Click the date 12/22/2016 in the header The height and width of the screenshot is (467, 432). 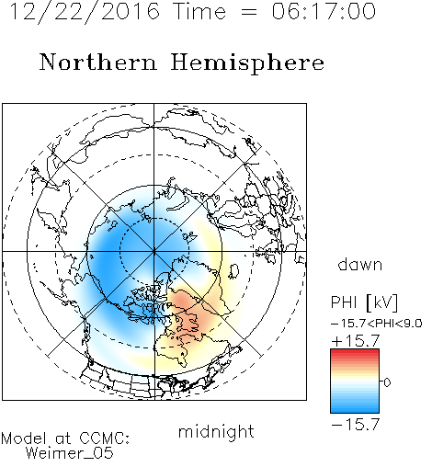click(85, 12)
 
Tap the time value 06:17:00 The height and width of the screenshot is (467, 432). click(324, 11)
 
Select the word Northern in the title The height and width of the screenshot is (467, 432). click(98, 63)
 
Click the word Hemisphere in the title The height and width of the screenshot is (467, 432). click(247, 63)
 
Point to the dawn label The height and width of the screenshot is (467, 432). click(360, 265)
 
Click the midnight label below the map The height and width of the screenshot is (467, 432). click(216, 431)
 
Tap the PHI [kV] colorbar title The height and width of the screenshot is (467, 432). click(364, 302)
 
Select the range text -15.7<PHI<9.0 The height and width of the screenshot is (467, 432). click(377, 324)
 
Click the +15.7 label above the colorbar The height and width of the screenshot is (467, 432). click(356, 341)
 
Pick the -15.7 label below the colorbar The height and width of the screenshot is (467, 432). click(356, 425)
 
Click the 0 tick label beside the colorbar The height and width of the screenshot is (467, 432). click(387, 382)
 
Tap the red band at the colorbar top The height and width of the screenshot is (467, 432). click(355, 353)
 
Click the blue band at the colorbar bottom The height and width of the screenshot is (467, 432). click(355, 408)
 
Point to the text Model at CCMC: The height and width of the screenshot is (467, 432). click(65, 439)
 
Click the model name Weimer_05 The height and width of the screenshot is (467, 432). click(70, 453)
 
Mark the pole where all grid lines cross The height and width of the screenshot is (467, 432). click(154, 251)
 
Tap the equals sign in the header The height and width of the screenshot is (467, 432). click(249, 12)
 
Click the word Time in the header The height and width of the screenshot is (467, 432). click(199, 11)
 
